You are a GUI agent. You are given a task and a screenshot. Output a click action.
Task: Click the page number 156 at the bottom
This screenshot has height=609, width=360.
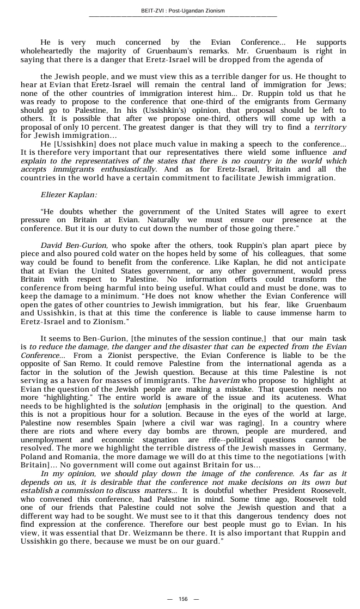click(x=183, y=599)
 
